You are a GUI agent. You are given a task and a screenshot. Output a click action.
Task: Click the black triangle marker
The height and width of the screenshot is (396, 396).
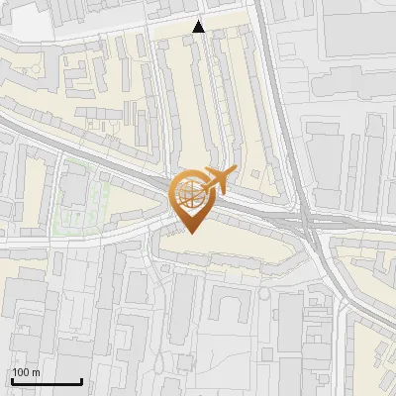(x=199, y=27)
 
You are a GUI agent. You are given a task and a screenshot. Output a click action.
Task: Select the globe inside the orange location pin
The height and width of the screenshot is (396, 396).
(x=189, y=193)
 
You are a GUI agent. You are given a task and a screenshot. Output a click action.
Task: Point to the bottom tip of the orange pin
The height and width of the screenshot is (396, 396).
(x=190, y=233)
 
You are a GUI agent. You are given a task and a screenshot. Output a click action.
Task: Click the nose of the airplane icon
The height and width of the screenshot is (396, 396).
(x=234, y=172)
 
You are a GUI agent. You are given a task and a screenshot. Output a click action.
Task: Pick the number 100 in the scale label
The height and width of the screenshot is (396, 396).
(x=22, y=372)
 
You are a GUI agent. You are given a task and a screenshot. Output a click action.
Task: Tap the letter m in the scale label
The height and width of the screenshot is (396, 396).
(x=37, y=372)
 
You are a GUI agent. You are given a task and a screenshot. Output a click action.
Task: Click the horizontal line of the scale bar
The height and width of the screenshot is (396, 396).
(x=47, y=381)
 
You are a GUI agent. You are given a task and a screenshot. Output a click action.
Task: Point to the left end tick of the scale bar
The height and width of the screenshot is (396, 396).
(x=12, y=379)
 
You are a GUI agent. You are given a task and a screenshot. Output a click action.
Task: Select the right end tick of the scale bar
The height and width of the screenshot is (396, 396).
(x=81, y=379)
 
